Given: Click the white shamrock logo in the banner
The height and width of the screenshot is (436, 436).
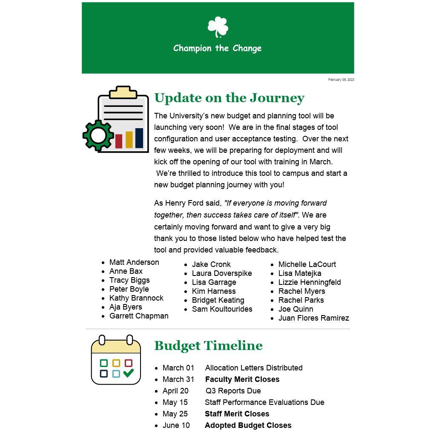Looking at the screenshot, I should pos(218,27).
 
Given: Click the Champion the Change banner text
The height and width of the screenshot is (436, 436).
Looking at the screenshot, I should pos(217,48).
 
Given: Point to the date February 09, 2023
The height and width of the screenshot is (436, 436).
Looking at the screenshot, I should pos(341,80).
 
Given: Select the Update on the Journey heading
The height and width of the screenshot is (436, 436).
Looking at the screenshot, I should pos(229,98).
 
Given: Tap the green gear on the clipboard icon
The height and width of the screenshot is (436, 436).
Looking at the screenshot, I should pos(98,135).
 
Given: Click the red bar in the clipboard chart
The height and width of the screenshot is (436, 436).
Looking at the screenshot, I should pos(119,141).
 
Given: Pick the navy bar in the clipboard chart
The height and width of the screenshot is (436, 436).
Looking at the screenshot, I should pos(139,138).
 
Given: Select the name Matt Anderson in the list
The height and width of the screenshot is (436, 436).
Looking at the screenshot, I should pos(134,262).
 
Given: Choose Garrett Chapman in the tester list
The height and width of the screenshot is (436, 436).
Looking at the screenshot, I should pos(139,316).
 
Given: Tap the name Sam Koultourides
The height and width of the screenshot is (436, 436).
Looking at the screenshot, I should pos(222,309).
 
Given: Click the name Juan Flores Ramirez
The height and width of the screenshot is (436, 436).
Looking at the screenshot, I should pos(313,318).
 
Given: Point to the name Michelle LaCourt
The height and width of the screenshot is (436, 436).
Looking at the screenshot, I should pos(307,264).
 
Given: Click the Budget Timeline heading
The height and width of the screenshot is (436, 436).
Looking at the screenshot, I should pos(208,345).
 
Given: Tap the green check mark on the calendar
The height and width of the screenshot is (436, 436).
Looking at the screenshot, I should pos(128,373).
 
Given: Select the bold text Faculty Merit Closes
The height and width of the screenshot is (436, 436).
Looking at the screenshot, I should pos(242,379).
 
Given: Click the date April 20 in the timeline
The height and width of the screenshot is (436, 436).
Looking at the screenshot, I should pos(175,391).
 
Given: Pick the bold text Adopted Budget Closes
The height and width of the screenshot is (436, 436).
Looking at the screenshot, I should pos(248,425).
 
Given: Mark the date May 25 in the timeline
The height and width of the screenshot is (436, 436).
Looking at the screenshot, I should pos(175,414).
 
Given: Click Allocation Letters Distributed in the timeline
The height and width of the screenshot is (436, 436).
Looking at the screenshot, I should pos(254,368).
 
